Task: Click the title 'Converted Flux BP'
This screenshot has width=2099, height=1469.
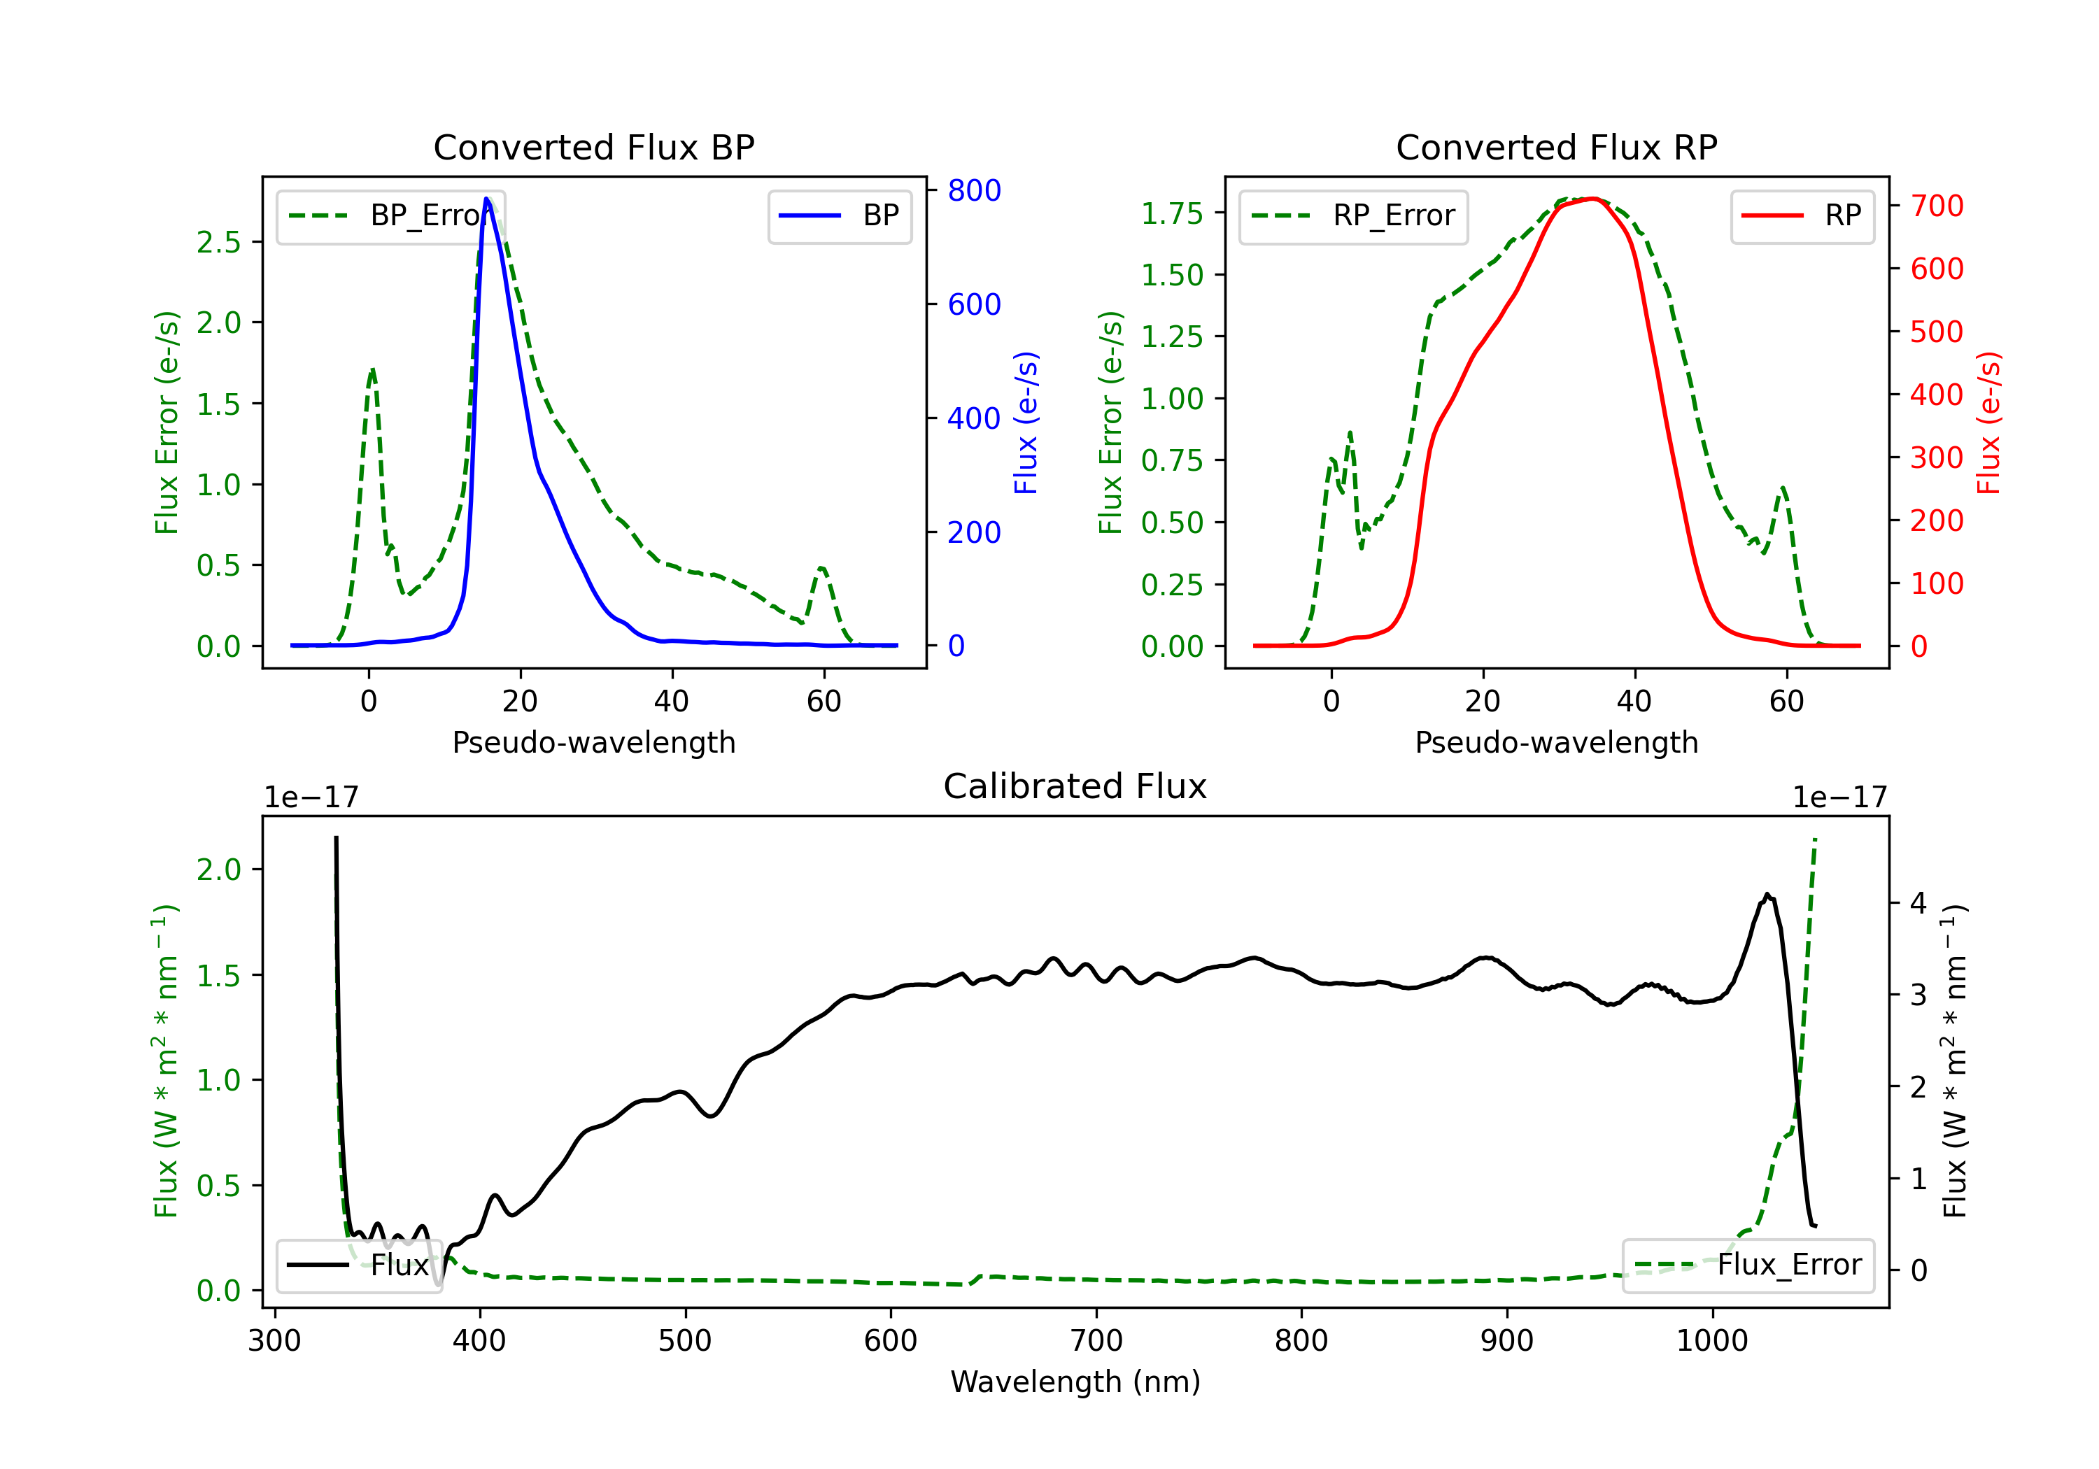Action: (x=593, y=147)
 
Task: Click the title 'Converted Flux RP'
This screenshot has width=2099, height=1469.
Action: (x=1556, y=147)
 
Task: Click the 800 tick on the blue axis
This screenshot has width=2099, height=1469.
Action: (x=974, y=190)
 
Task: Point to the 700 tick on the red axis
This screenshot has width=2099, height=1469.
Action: (x=1936, y=206)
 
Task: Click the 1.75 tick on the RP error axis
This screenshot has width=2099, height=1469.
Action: (x=1172, y=213)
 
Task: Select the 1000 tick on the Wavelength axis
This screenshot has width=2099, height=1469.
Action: (x=1711, y=1341)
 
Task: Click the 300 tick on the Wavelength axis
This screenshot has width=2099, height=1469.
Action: (x=274, y=1341)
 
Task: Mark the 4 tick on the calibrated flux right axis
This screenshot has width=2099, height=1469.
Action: (x=1918, y=903)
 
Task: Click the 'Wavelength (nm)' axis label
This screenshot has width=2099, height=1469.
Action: (x=1075, y=1382)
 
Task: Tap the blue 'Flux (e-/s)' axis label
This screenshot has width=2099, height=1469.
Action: (x=1026, y=423)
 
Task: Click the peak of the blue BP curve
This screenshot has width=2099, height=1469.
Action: (x=487, y=199)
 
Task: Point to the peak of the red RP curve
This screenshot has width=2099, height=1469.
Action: (x=1592, y=199)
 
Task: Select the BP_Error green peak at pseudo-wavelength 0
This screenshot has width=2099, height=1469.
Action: (x=372, y=369)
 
